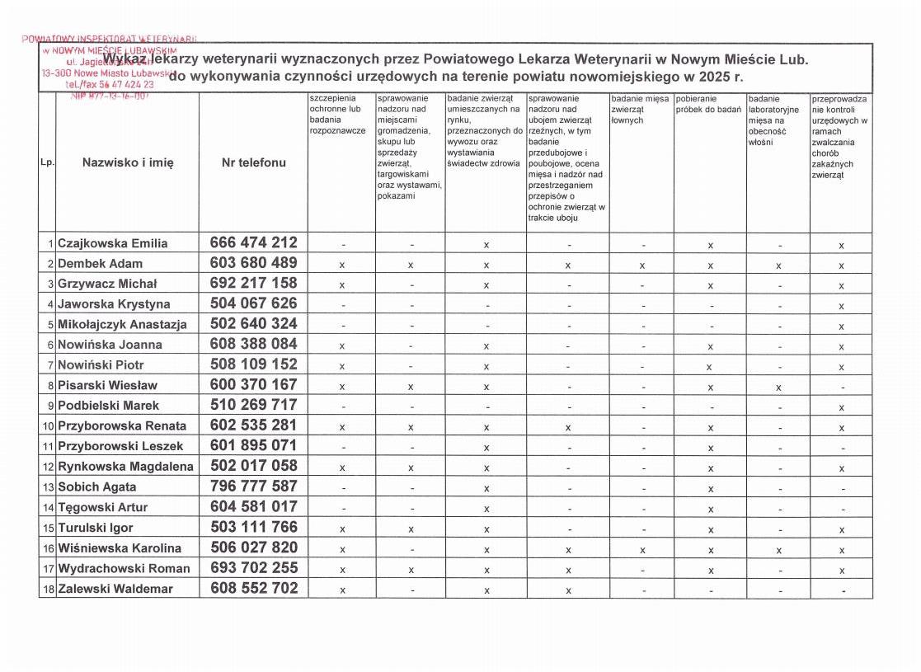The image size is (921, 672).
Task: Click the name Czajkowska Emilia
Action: [x=112, y=243]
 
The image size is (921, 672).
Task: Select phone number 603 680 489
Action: [x=253, y=263]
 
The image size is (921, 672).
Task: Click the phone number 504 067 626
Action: [x=253, y=303]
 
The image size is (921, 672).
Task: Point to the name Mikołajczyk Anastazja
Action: [x=122, y=324]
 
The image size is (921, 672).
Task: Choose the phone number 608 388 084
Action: [x=253, y=344]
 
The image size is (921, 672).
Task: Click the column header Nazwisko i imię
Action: [x=128, y=162]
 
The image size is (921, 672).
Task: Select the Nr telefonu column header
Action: [x=254, y=162]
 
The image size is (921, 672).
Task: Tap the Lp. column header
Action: [x=47, y=162]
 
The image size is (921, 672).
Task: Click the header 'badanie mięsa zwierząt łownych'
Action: [x=640, y=110]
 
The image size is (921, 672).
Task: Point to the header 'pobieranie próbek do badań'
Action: [x=708, y=105]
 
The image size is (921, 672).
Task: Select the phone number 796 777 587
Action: [x=253, y=486]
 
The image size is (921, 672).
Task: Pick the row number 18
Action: [x=49, y=589]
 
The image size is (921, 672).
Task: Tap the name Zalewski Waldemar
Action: [x=115, y=589]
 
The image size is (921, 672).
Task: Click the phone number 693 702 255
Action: [x=253, y=568]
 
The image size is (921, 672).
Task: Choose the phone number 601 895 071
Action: [x=253, y=446]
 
